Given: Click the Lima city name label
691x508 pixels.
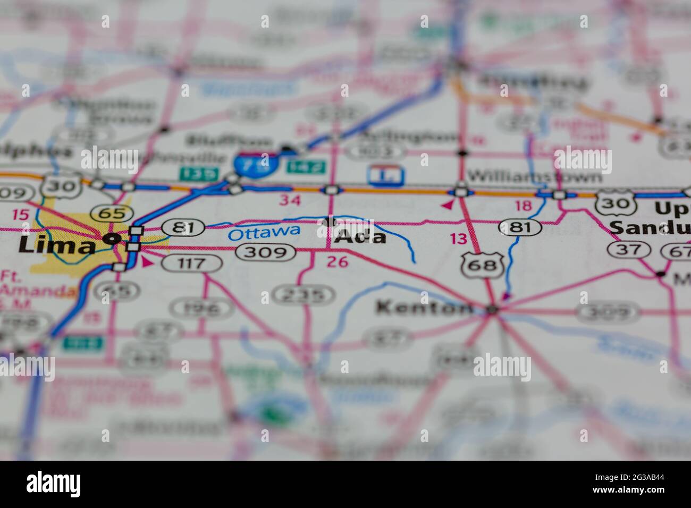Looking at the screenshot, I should click(56, 245).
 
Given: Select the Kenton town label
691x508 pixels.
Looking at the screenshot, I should click(424, 307).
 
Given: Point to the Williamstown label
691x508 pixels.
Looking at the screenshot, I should click(535, 176).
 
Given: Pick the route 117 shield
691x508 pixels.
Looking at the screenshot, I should click(192, 262).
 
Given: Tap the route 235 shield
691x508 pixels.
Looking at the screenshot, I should click(304, 294).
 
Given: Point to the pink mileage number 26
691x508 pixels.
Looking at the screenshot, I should click(338, 261).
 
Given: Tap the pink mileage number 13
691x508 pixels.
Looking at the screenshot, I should click(459, 239).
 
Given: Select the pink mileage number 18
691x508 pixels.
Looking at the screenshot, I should click(523, 206).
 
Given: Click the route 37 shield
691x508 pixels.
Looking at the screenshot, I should click(629, 249).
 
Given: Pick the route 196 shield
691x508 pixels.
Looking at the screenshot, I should click(201, 308).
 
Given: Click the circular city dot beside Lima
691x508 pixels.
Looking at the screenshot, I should click(111, 239).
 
